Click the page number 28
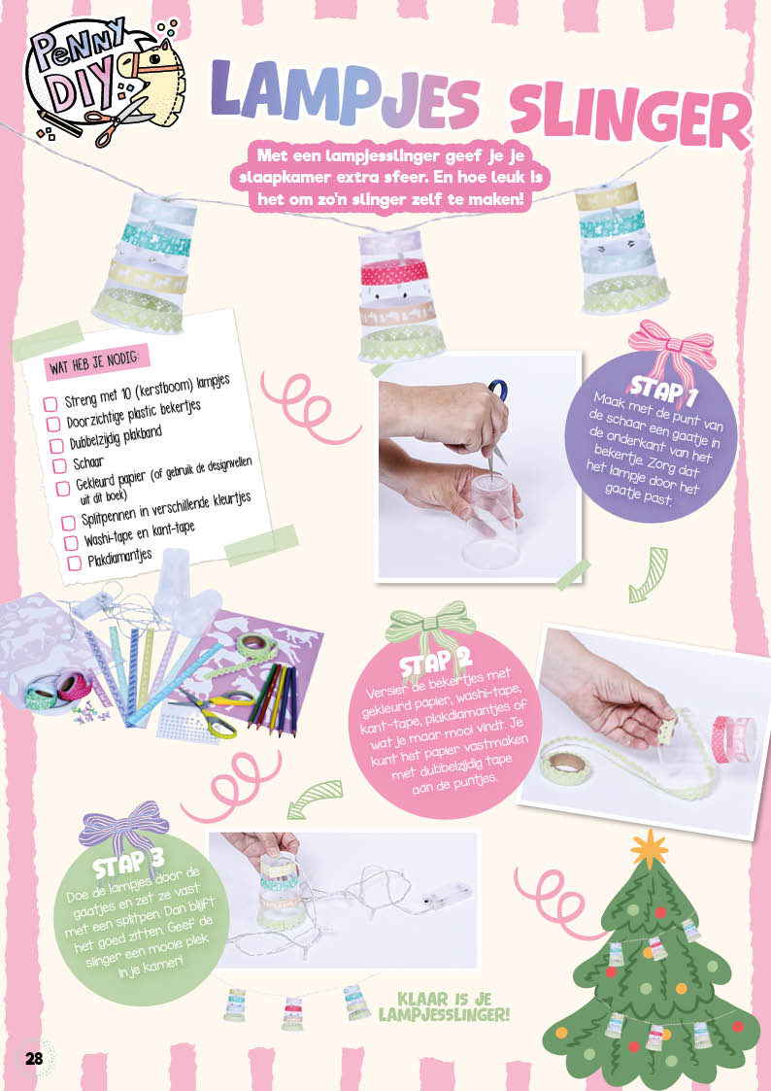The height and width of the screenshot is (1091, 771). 34,1058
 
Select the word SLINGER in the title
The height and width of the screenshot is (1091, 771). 630,117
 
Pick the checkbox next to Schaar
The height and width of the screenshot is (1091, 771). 59,464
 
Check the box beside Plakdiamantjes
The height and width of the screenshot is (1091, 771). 75,563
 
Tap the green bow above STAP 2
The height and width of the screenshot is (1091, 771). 431,624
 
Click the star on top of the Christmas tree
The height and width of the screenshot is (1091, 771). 650,848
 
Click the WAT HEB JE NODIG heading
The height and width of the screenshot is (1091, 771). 97,361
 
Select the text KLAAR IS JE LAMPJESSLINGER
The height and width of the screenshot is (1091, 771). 444,1006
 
